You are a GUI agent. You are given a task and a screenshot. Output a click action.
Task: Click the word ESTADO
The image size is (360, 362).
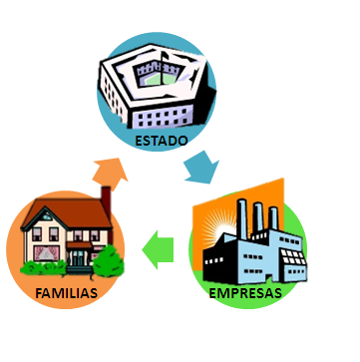162,141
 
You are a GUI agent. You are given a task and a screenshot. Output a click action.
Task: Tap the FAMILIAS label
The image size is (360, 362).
67,295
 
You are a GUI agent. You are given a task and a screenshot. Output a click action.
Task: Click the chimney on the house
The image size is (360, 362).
106,198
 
